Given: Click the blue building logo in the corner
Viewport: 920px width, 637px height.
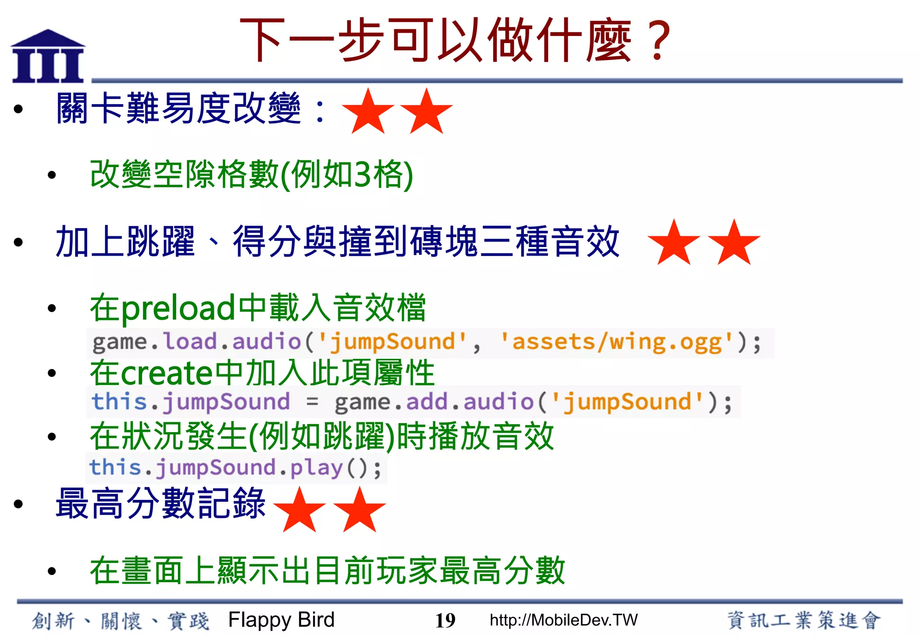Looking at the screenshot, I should pos(48,57).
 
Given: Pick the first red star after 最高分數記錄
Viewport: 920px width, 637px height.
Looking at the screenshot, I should pos(300,510).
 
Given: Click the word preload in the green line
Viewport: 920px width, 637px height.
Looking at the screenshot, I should pos(178,309).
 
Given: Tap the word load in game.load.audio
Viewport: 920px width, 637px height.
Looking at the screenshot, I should pos(190,341).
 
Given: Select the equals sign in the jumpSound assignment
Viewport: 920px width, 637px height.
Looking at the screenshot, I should pos(312,402).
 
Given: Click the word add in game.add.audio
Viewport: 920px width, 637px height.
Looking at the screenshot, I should pos(427,402).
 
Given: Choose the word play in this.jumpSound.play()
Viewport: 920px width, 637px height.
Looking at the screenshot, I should pos(316,468).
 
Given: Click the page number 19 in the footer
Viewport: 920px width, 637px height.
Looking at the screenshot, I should pos(445,621).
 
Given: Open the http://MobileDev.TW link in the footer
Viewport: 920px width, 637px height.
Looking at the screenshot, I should pos(563,620).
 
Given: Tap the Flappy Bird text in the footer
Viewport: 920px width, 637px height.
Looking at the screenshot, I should pos(281,620).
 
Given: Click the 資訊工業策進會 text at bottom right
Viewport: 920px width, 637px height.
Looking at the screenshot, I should pos(804,620).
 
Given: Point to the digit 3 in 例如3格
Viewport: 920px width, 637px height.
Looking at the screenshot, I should pos(363,174).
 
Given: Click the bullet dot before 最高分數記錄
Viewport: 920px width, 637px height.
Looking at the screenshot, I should pos(18,504).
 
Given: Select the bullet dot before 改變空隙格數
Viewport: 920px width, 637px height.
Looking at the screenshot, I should pos(52,175).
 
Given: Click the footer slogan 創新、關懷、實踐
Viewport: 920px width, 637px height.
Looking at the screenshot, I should pos(120,621).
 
